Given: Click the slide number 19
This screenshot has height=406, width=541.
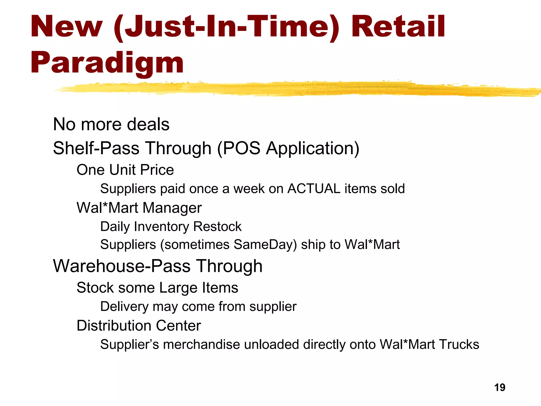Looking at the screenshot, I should pos(500,387).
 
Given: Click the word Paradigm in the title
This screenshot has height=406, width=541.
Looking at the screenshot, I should pos(107,63).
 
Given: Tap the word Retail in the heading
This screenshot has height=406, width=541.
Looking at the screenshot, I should pos(398,26).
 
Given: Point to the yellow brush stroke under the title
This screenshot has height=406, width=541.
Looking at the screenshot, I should pos(291,89).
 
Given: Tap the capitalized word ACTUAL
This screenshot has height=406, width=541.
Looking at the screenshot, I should pos(314,189).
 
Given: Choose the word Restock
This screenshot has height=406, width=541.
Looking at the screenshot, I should pos(217,227).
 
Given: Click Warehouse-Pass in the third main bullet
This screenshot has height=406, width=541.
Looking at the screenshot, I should pos(122,266).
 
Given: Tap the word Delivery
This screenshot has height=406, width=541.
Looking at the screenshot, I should pos(124,307).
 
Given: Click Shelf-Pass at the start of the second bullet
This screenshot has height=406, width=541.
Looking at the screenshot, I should pos(96,148).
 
